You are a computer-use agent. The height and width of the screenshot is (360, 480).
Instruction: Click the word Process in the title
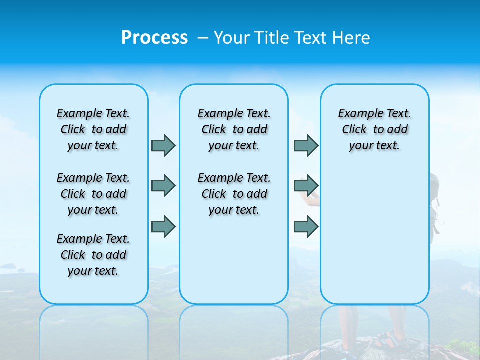(154, 38)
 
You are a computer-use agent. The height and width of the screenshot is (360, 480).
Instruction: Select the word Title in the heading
(273, 38)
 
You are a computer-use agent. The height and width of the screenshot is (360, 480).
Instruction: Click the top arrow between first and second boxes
(163, 145)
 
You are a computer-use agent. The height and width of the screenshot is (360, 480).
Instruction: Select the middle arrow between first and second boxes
(163, 186)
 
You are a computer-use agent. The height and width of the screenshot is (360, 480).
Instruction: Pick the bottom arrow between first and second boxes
(163, 226)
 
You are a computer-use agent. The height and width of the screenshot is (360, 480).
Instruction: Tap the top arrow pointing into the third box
(306, 145)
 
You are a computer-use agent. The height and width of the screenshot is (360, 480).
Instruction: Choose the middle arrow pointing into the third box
(306, 186)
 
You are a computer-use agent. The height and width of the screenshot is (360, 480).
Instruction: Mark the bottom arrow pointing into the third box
(306, 226)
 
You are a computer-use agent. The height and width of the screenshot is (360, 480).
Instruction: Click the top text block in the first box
(93, 129)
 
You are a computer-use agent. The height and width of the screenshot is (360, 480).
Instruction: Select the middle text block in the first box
(93, 194)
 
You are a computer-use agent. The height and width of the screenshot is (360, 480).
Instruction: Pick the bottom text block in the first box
(93, 255)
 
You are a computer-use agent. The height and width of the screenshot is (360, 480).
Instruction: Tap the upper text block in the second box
(234, 129)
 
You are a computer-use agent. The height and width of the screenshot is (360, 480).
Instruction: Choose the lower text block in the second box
(234, 194)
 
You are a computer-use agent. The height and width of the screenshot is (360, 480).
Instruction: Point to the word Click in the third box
(354, 130)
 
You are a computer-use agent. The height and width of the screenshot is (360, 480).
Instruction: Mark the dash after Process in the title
(202, 38)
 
